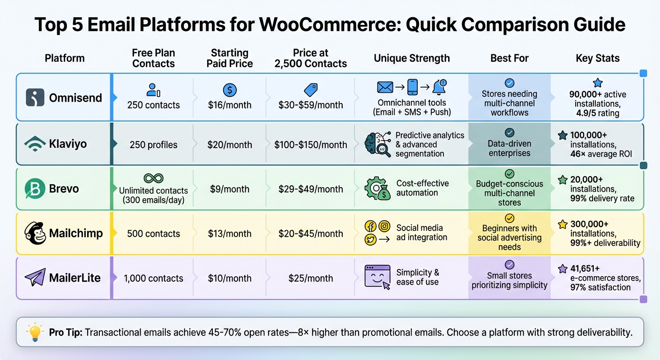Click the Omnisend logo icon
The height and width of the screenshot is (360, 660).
35,97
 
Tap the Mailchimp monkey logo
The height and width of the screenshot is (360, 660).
35,233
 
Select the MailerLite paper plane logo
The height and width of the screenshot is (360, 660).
35,277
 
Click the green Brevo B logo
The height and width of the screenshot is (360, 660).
35,189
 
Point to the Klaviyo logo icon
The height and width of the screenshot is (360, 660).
35,143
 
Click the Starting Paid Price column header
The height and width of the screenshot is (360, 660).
229,58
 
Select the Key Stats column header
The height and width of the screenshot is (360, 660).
598,58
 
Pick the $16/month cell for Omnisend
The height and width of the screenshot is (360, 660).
229,105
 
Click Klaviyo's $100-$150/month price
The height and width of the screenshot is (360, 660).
311,145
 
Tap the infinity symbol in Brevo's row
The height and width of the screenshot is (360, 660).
153,178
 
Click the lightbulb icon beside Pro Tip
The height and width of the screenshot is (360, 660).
36,332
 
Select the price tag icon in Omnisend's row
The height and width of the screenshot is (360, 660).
311,90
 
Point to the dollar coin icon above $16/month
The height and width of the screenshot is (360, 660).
230,90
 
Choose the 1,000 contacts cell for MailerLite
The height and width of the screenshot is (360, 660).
153,278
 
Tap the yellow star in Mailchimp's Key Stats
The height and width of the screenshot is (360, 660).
562,225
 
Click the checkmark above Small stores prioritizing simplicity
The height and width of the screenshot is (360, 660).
510,264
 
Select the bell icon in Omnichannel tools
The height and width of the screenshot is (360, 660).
439,87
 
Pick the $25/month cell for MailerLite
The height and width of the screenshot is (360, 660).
311,278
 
